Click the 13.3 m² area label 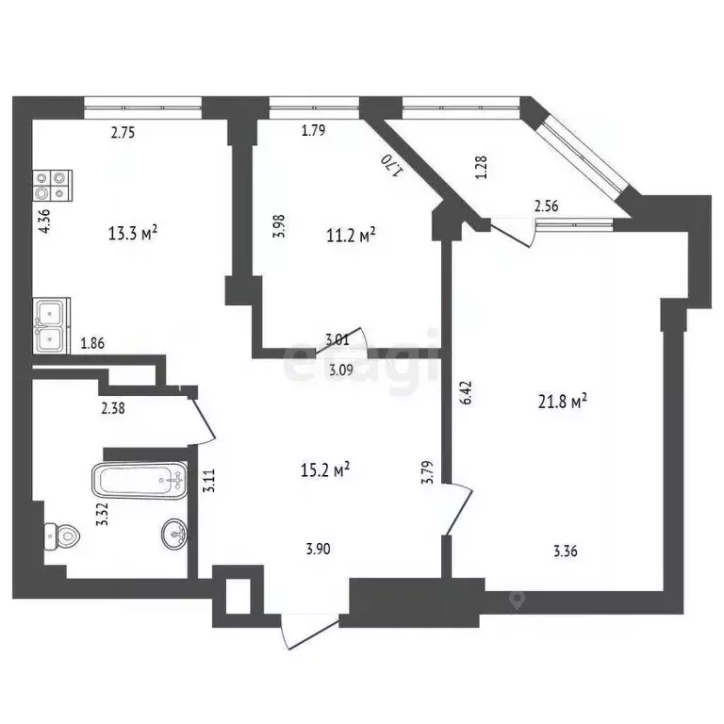(133, 234)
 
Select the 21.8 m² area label (563, 402)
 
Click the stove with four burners (51, 184)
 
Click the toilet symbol (60, 536)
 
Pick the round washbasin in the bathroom (174, 534)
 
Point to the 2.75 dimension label (123, 133)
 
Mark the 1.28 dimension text (482, 167)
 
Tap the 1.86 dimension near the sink (92, 344)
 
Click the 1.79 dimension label (313, 131)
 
